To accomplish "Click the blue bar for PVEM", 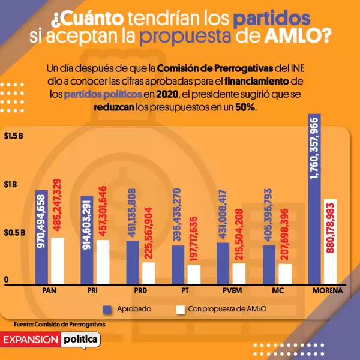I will click(x=223, y=263).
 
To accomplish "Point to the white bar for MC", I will click(x=285, y=274).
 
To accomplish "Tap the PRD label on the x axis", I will click(x=142, y=291).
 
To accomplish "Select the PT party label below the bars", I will click(x=186, y=291).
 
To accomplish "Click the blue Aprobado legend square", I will click(x=108, y=309).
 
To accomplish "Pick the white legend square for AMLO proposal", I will click(x=180, y=309).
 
